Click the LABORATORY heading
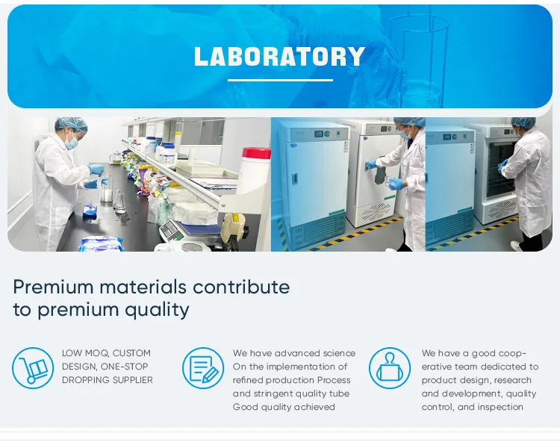280,57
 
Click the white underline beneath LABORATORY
280,81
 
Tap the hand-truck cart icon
33,368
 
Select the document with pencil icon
203,368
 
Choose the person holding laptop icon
390,368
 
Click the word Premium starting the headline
53,287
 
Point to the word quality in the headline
157,310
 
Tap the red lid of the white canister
256,153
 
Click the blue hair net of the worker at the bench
71,124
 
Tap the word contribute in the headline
241,287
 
